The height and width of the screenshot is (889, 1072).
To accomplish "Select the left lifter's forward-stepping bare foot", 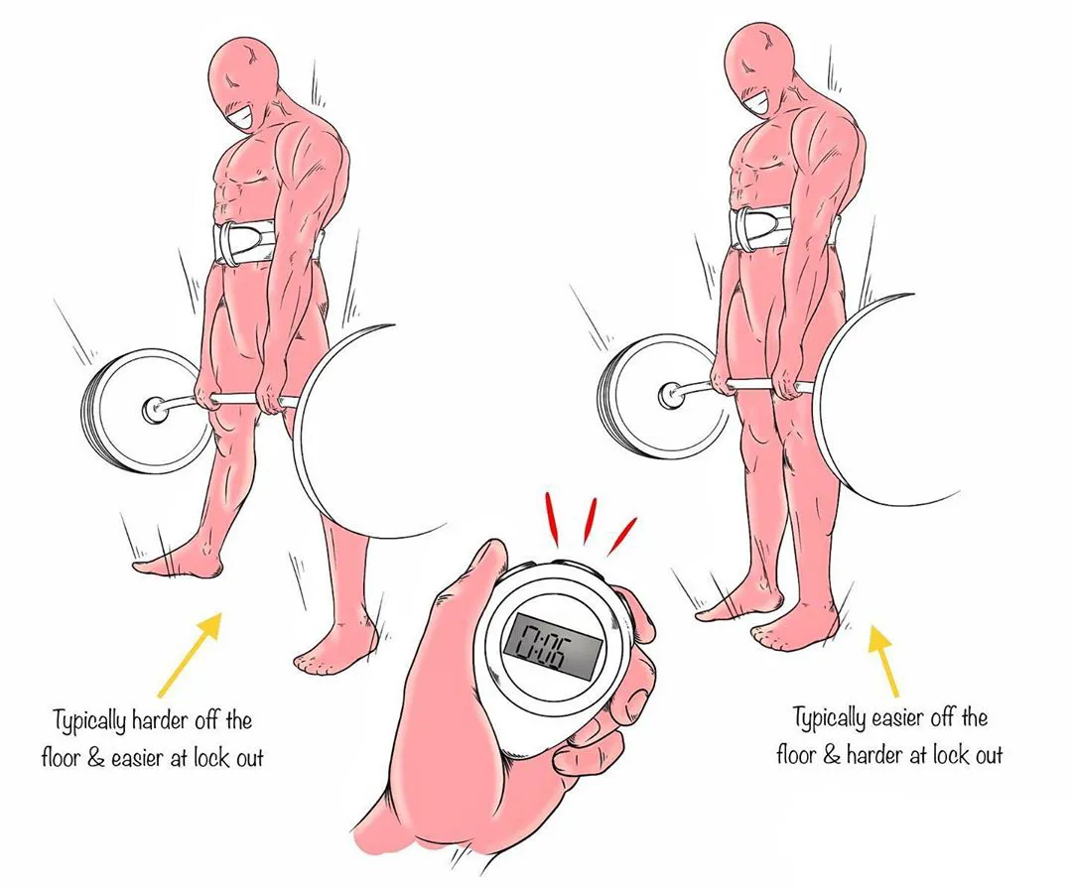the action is click(178, 562).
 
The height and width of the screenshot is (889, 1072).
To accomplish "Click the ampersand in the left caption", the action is click(95, 758).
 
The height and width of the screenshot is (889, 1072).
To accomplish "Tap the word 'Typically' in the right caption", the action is click(832, 719).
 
